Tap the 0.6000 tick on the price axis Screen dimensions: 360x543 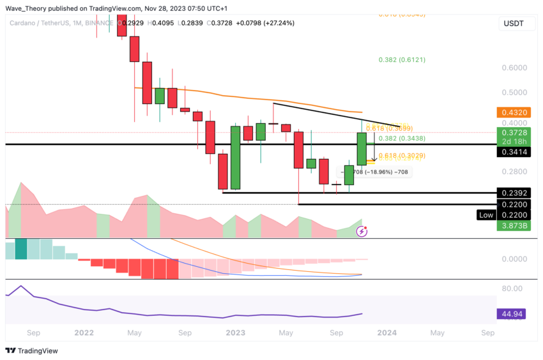coord(514,68)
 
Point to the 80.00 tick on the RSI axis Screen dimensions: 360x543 coord(513,288)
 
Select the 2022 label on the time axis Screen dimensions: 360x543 coord(83,333)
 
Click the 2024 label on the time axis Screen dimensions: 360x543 coord(386,333)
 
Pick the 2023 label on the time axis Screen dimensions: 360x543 coord(235,333)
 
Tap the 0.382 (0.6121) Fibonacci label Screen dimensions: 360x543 coord(402,59)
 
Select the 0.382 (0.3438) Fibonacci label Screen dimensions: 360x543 coord(402,138)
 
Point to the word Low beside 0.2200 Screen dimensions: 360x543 coord(486,215)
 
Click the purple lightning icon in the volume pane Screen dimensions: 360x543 coord(362,231)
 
